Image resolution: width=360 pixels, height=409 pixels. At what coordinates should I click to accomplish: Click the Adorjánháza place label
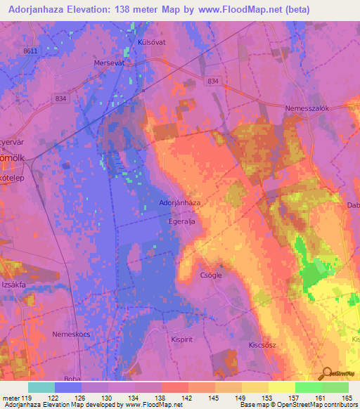[x=180, y=202]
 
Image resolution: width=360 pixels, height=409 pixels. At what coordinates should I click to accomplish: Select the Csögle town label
[x=211, y=275]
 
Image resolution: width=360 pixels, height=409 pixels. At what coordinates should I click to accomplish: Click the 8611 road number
[x=30, y=51]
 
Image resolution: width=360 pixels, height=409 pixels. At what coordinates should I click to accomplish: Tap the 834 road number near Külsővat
[x=213, y=82]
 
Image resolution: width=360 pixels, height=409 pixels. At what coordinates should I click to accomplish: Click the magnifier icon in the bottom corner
[x=327, y=373]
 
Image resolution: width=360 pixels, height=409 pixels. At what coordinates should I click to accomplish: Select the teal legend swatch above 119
[x=41, y=387]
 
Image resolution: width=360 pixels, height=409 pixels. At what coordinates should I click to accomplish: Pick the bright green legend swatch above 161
[x=309, y=387]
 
